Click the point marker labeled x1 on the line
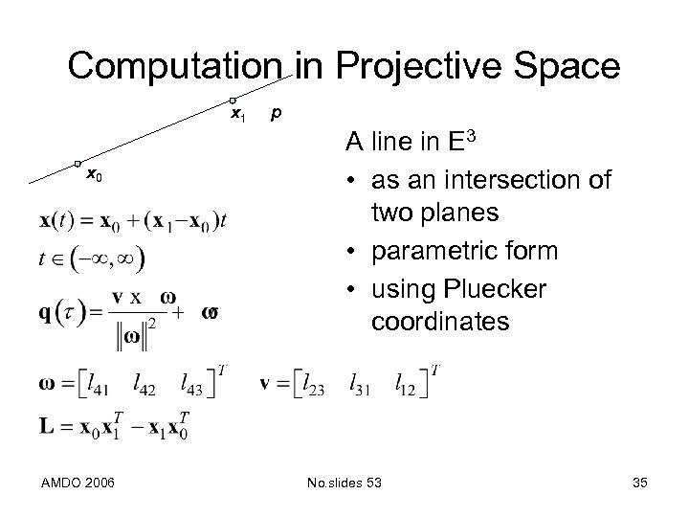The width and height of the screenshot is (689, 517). click(233, 101)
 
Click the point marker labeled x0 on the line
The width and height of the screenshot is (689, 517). click(78, 164)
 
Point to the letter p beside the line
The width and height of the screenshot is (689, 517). click(276, 113)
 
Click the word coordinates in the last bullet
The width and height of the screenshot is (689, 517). click(441, 322)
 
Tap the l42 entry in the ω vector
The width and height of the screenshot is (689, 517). click(145, 385)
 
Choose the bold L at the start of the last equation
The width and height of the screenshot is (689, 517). click(46, 425)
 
